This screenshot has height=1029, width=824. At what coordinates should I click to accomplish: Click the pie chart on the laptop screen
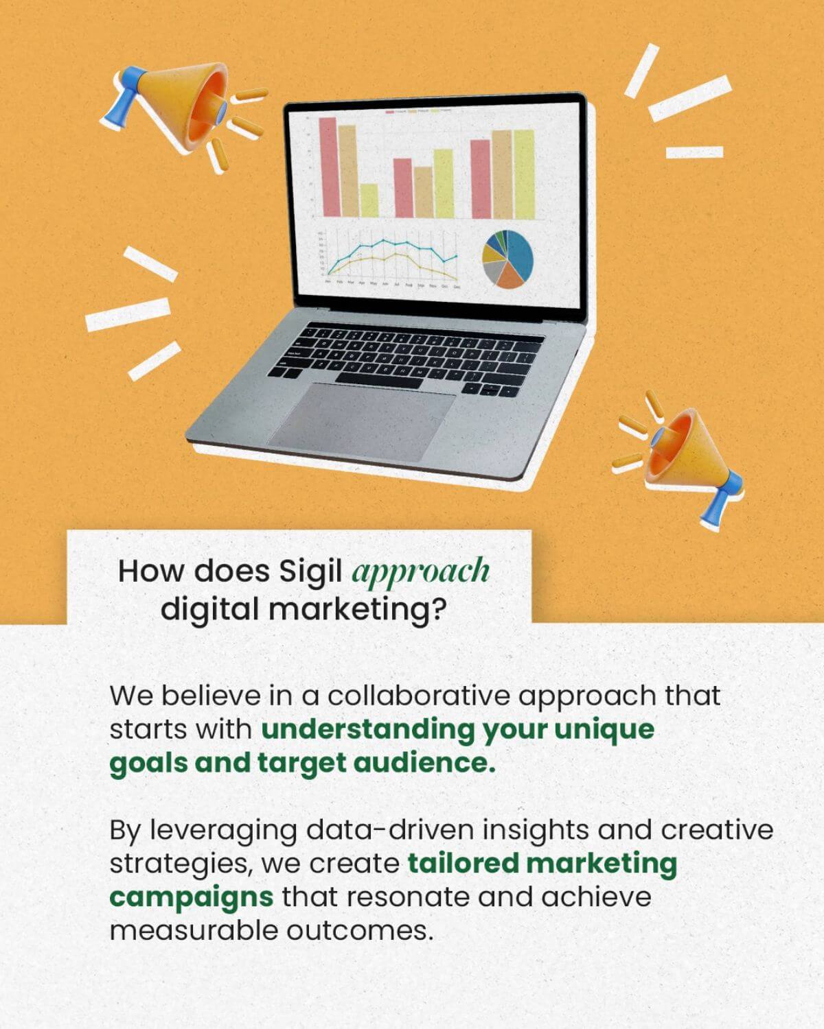[507, 259]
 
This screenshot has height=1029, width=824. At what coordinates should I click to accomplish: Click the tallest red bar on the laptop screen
[328, 166]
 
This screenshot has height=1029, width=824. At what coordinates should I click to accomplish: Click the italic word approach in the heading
[420, 571]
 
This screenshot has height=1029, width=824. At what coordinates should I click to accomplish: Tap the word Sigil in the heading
[310, 571]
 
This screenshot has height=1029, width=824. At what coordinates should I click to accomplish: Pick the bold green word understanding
[367, 729]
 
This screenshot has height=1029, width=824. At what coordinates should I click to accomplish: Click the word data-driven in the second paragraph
[390, 830]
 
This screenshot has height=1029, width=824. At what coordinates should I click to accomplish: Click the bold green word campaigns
[191, 897]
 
